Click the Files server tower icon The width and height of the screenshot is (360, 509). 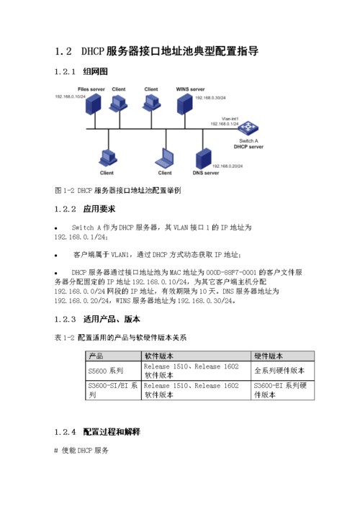tap(91, 106)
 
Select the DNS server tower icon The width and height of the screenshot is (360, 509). tap(204, 158)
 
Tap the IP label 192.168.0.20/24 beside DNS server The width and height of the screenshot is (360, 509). tap(230, 165)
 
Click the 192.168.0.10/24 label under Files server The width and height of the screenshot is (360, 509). tap(70, 96)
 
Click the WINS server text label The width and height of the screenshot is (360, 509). tap(191, 89)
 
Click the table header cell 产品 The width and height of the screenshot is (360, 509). tap(95, 356)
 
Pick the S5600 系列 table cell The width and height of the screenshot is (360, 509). tap(105, 371)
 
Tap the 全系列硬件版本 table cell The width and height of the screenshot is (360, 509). tap(279, 371)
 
